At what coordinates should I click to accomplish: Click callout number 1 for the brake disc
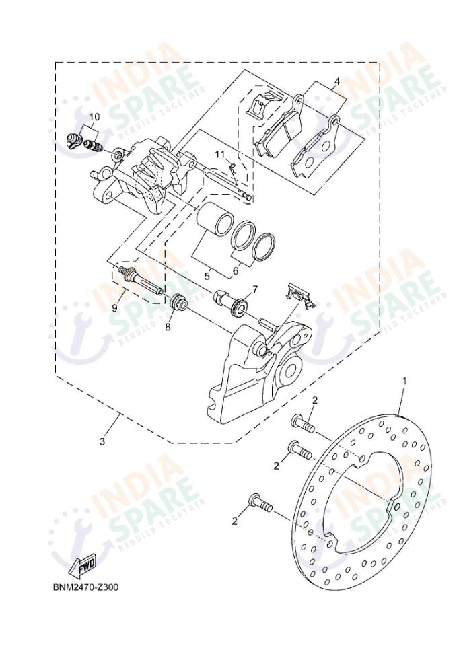point(404,381)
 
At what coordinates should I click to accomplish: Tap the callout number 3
point(102,442)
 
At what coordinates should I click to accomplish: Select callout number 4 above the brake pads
point(336,83)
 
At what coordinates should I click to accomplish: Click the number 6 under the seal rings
point(235,272)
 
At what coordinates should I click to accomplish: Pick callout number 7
point(255,289)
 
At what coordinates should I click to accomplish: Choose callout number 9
point(115,307)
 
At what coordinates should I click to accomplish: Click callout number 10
point(94,116)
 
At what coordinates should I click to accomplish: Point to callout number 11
point(220,155)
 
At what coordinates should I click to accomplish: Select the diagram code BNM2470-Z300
point(86,587)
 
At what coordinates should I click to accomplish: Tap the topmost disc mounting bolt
point(303,424)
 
